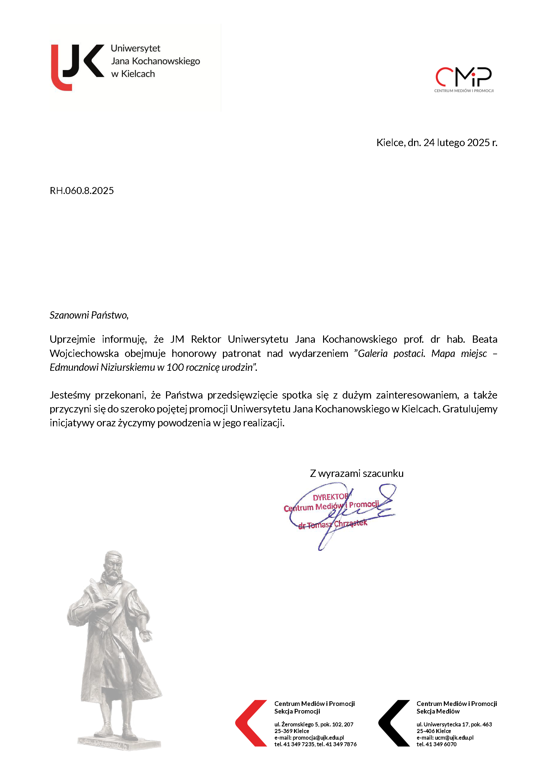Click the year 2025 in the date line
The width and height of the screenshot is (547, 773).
point(478,143)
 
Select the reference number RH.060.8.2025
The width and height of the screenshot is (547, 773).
point(82,191)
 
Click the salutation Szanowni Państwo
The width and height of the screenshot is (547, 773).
point(89,315)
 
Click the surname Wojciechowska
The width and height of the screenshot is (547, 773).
point(84,353)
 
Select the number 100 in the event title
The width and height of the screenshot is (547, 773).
point(175,367)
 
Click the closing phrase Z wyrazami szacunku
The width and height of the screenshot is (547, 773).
point(357,473)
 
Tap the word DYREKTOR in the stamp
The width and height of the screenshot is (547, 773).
point(330,497)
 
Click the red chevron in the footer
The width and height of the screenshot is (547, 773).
point(251,723)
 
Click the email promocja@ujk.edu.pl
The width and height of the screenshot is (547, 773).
point(318,738)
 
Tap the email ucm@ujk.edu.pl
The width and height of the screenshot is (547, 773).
point(454,738)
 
